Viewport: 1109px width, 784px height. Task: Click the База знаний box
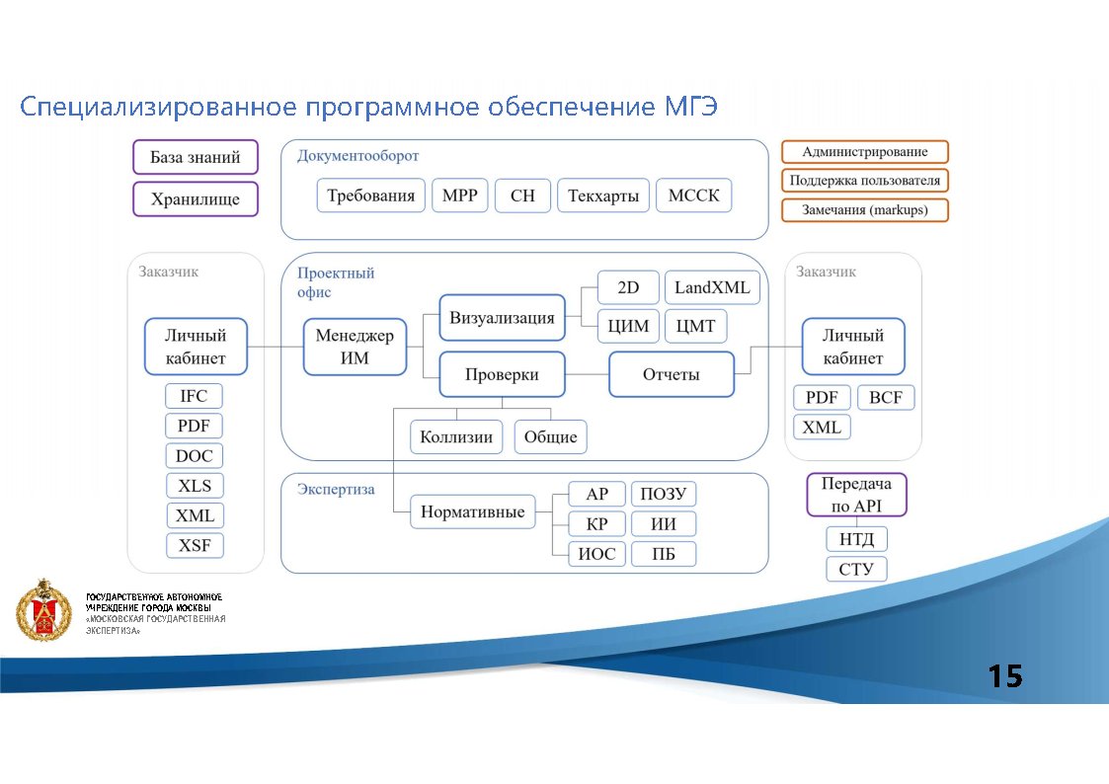click(195, 157)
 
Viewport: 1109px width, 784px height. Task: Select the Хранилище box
click(195, 198)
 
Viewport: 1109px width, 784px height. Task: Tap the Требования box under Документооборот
click(370, 196)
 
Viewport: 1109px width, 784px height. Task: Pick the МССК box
click(693, 196)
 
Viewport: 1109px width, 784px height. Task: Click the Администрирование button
click(864, 152)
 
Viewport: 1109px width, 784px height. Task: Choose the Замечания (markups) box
click(864, 210)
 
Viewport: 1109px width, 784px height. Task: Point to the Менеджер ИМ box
click(355, 347)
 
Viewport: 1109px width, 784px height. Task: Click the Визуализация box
click(502, 318)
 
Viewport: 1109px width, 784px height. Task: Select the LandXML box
click(712, 288)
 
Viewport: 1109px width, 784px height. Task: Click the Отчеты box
click(672, 374)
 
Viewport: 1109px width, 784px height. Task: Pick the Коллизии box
click(456, 436)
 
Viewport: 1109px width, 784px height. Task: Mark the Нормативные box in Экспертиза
click(472, 512)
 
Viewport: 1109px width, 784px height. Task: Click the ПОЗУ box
click(663, 494)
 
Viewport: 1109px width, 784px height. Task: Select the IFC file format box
click(194, 396)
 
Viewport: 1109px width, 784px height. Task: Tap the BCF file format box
click(886, 397)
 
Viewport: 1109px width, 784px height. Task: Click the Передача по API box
click(856, 495)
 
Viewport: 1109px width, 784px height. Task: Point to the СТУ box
click(856, 569)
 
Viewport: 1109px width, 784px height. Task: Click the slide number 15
click(1005, 676)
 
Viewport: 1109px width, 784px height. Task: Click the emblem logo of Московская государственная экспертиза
click(43, 610)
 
